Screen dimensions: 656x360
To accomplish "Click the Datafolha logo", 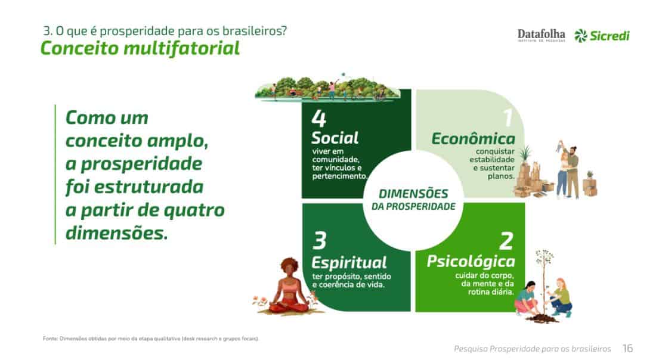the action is pyautogui.click(x=541, y=35).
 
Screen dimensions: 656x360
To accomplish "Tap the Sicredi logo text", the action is pyautogui.click(x=609, y=36).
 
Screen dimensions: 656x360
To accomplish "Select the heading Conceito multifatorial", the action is pyautogui.click(x=140, y=48).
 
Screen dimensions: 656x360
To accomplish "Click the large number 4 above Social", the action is pyautogui.click(x=319, y=119).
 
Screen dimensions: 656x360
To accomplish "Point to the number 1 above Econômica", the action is pyautogui.click(x=508, y=117).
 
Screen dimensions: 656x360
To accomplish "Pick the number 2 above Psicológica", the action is pyautogui.click(x=506, y=241).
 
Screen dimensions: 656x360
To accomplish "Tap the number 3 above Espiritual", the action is pyautogui.click(x=319, y=241).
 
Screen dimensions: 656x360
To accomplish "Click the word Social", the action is pyautogui.click(x=335, y=138).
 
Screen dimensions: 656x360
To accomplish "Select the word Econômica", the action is pyautogui.click(x=473, y=139).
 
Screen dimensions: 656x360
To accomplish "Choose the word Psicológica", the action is pyautogui.click(x=471, y=262).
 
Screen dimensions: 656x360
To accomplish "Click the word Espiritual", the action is pyautogui.click(x=349, y=263).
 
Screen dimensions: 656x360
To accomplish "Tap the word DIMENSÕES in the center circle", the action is pyautogui.click(x=413, y=194).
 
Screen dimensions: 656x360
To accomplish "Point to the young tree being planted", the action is pyautogui.click(x=544, y=285).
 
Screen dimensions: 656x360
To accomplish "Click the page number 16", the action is pyautogui.click(x=627, y=348).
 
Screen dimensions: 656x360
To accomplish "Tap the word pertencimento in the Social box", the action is pyautogui.click(x=339, y=176).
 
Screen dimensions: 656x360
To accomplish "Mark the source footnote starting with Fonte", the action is pyautogui.click(x=151, y=339).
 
